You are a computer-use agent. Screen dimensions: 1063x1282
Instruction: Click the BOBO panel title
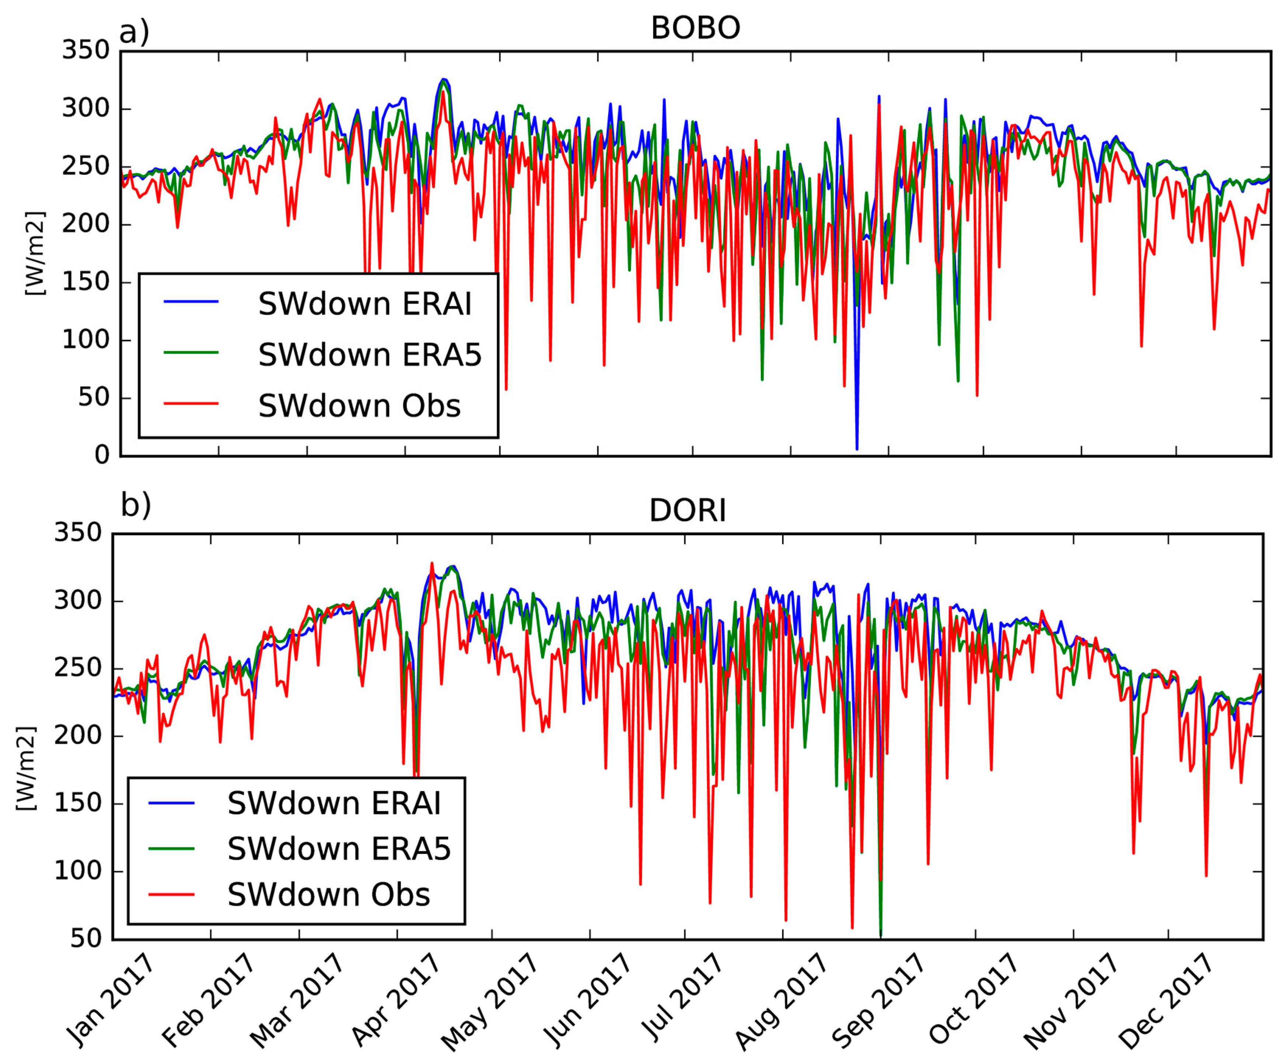[695, 28]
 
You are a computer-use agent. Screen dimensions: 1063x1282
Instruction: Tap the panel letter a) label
[134, 32]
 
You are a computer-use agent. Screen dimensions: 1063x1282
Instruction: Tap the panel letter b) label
[136, 505]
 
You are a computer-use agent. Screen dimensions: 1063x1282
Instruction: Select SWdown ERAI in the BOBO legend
[365, 304]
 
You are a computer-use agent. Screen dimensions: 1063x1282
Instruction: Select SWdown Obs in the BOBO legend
[359, 406]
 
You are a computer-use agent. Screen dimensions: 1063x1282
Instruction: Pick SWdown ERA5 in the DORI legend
[339, 849]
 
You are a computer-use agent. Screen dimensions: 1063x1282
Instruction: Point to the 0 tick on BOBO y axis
[102, 455]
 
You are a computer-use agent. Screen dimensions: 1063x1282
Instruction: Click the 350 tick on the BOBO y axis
[86, 50]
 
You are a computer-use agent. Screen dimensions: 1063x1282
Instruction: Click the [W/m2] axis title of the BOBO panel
[35, 253]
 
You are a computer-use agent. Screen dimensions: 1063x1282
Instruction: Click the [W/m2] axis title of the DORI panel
[26, 769]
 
